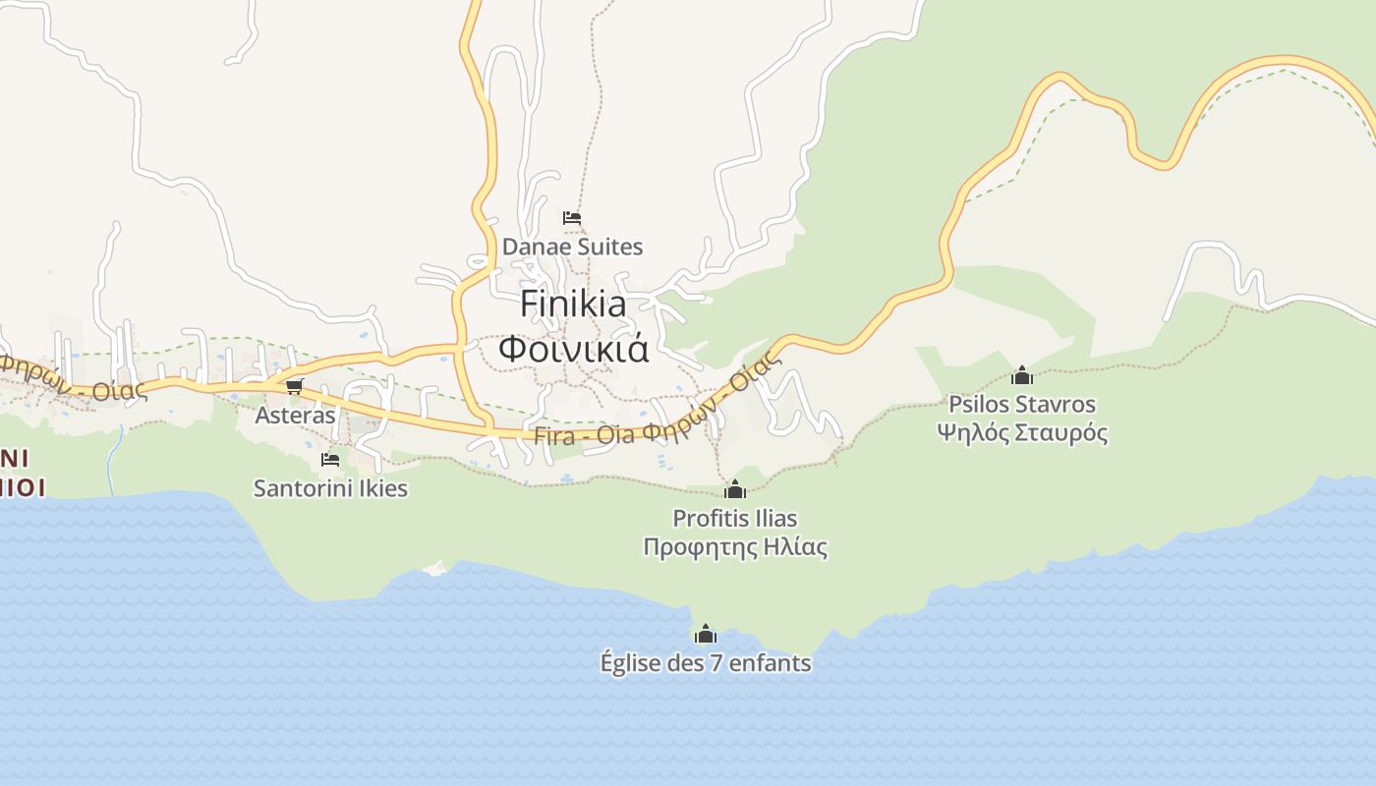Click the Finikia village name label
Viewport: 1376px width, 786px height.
(x=573, y=304)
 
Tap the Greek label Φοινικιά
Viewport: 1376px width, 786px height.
(x=574, y=349)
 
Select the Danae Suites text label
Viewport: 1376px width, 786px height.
(x=572, y=247)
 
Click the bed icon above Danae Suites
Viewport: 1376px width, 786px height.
(x=572, y=217)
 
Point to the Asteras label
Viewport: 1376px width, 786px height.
(x=295, y=415)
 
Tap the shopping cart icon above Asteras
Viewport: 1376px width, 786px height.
(x=295, y=386)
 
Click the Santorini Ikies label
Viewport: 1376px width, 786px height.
(x=330, y=488)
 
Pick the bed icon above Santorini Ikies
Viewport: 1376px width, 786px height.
(x=330, y=459)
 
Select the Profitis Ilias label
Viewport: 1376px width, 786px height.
(x=734, y=518)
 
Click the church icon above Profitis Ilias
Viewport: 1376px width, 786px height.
(x=734, y=489)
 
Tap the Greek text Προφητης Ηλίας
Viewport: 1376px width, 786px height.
(x=734, y=547)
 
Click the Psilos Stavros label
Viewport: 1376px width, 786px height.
(x=1022, y=404)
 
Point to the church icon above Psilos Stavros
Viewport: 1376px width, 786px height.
(x=1022, y=375)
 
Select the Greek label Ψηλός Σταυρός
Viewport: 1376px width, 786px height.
(x=1022, y=432)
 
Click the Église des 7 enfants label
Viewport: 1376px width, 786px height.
(x=706, y=663)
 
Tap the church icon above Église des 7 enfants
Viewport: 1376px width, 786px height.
(x=706, y=634)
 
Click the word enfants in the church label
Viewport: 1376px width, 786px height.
(x=771, y=663)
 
